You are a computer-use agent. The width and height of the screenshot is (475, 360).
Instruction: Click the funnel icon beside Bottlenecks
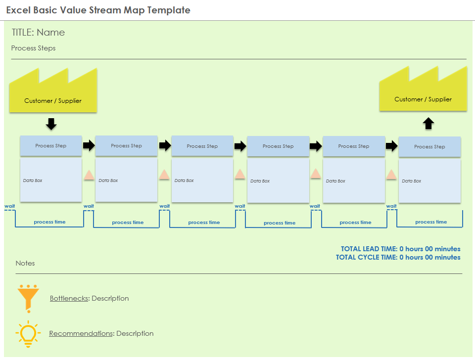(x=28, y=298)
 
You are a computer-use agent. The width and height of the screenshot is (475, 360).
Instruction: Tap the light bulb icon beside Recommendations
(x=27, y=333)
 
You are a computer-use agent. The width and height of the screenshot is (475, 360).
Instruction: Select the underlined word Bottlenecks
(x=69, y=298)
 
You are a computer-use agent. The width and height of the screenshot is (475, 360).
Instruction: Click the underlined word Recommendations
(x=81, y=333)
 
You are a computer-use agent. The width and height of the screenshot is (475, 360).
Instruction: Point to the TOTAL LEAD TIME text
(x=400, y=249)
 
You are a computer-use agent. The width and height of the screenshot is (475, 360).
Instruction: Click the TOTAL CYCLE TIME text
(x=398, y=257)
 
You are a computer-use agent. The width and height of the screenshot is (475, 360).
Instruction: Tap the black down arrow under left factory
(x=51, y=124)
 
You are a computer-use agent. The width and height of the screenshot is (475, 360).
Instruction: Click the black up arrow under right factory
(x=428, y=123)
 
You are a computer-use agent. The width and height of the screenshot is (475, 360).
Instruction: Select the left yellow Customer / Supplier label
(x=53, y=101)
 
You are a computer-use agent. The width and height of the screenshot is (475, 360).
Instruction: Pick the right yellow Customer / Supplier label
(x=423, y=99)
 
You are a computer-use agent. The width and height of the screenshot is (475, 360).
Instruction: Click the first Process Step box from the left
(x=51, y=146)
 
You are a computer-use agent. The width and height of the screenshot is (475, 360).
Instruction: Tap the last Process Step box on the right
(x=429, y=147)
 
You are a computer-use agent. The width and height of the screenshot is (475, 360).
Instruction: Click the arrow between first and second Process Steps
(x=89, y=145)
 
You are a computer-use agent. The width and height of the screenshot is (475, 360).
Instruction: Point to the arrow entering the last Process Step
(x=391, y=146)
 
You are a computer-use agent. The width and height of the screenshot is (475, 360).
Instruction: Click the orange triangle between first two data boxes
(x=89, y=175)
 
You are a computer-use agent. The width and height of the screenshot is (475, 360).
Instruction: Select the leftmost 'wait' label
(x=9, y=206)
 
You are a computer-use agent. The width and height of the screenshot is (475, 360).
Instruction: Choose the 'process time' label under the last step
(x=431, y=222)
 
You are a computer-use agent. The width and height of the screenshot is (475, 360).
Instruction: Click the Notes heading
(x=25, y=263)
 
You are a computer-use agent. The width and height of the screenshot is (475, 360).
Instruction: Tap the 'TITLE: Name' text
(x=38, y=33)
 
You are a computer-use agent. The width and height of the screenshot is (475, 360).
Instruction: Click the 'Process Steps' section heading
(x=33, y=48)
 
